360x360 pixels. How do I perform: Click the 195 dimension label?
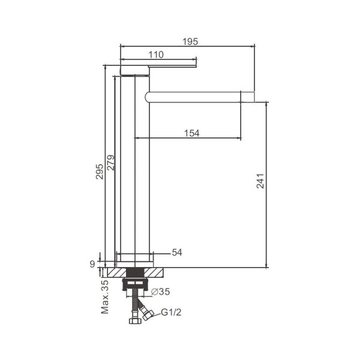point(190,41)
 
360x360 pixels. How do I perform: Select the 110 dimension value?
point(156,55)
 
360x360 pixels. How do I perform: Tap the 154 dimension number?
point(192,133)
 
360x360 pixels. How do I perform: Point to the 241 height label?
point(260,181)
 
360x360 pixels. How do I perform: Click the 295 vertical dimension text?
point(100,172)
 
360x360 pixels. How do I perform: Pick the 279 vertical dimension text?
point(110,163)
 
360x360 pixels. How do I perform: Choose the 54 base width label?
point(177,253)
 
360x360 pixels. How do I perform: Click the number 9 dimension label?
point(92,264)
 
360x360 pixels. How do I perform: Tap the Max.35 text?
point(104,297)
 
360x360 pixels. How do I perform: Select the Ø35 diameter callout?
point(161,292)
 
